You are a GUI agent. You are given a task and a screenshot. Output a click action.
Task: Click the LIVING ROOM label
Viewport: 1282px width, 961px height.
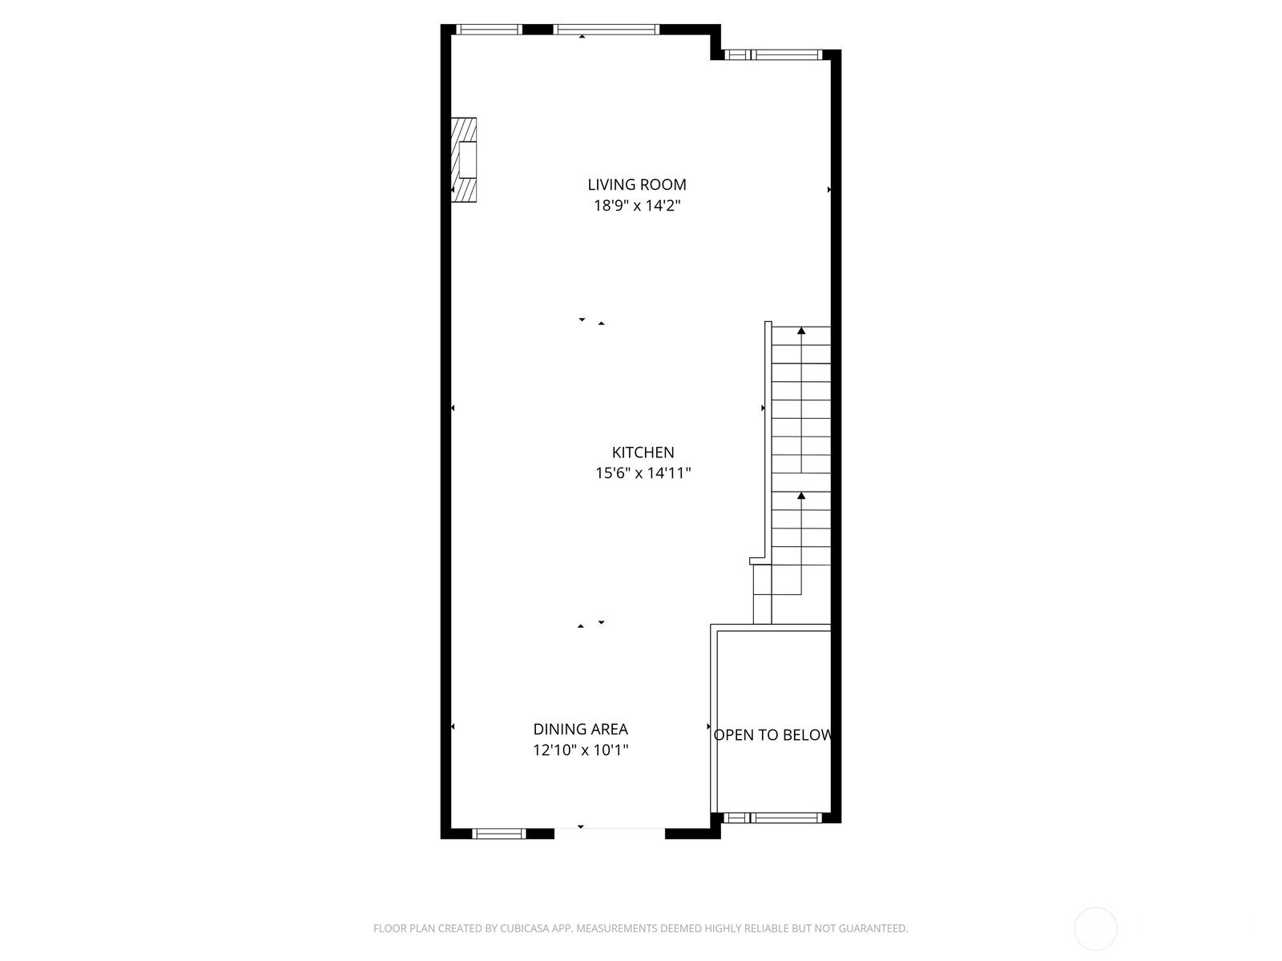[x=637, y=185]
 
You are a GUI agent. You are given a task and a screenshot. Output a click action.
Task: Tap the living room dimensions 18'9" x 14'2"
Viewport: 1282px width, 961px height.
[x=637, y=206]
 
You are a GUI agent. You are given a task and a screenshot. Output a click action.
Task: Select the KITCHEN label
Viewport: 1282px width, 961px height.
[x=643, y=452]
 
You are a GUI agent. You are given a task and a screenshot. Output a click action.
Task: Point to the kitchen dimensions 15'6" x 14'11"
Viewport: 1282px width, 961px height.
[x=643, y=473]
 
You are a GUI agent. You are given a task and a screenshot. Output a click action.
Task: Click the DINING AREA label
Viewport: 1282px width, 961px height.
[x=580, y=730]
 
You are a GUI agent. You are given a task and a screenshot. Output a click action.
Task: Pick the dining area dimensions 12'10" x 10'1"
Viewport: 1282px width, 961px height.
[x=580, y=750]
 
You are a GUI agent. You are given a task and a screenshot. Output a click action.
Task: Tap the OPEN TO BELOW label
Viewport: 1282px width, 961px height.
[x=772, y=735]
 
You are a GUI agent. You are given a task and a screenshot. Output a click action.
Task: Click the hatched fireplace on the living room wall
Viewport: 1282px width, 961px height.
[x=464, y=159]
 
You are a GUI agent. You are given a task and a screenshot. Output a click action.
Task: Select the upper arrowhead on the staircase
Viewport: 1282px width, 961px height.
[x=801, y=331]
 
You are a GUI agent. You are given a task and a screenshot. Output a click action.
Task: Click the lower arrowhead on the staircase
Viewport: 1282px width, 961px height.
[x=801, y=497]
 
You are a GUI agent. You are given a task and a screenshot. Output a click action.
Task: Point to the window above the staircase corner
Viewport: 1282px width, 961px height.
[x=773, y=55]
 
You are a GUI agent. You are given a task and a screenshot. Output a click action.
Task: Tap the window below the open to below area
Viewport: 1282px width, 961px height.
[x=773, y=818]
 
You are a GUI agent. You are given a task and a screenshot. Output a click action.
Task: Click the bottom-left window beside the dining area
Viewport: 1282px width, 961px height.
[x=498, y=834]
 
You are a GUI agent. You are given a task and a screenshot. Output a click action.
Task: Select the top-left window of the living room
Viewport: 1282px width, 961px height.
[x=489, y=30]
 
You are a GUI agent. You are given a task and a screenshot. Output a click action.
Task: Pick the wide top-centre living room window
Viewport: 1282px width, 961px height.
[x=607, y=30]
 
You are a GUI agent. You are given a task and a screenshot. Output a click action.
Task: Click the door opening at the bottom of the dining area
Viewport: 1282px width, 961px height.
[x=609, y=830]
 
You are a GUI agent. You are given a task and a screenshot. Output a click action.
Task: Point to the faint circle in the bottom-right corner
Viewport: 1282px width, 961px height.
[x=1095, y=929]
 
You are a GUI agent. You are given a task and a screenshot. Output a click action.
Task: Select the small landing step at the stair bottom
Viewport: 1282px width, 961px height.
[x=762, y=593]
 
